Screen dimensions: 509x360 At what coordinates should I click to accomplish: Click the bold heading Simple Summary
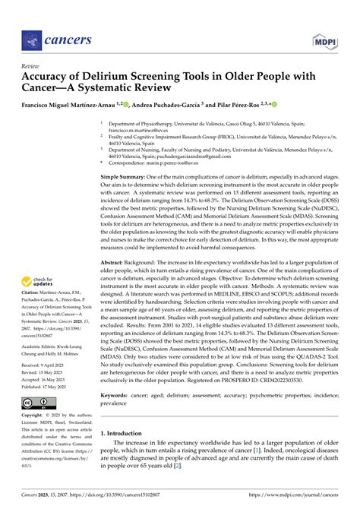[x=127, y=176]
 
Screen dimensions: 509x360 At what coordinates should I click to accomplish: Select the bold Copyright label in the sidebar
[x=34, y=416]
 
